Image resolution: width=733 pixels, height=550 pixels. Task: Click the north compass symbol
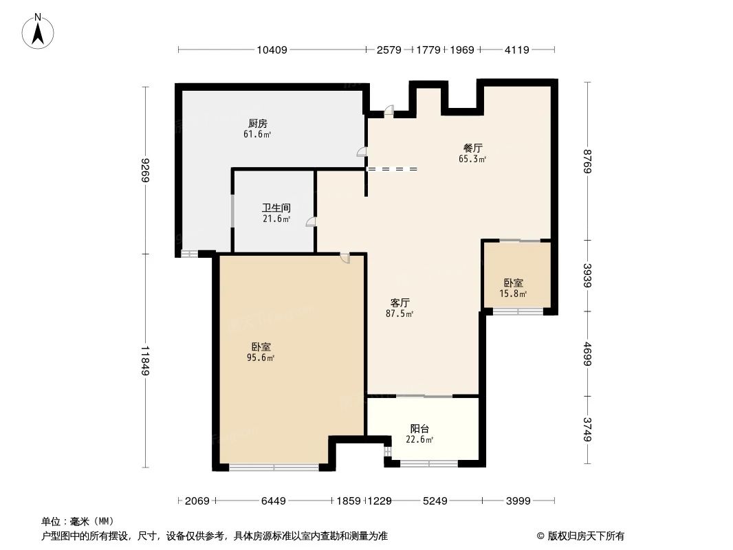[39, 31]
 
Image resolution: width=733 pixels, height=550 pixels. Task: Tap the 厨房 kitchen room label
[258, 124]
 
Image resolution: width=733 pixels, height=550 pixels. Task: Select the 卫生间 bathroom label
[276, 208]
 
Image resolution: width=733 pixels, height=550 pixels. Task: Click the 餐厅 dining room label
[472, 148]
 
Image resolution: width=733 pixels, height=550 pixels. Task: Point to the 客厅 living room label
[400, 302]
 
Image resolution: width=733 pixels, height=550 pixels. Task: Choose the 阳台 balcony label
[421, 428]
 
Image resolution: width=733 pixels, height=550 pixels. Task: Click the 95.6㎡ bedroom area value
[261, 358]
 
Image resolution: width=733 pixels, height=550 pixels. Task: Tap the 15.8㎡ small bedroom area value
[513, 294]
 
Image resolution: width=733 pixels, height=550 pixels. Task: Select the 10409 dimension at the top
[272, 49]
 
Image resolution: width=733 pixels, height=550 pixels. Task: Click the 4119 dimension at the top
[516, 49]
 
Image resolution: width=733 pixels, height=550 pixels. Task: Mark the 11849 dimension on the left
[145, 361]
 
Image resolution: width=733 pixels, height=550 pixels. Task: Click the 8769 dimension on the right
[587, 161]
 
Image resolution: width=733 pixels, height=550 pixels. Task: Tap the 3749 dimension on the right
[587, 430]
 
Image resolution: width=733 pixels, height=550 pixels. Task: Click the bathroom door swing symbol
[311, 221]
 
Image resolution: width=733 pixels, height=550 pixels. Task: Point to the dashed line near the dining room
[392, 169]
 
